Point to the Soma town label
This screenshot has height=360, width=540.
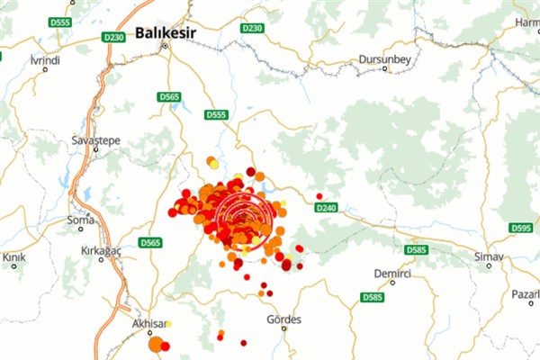(80, 220)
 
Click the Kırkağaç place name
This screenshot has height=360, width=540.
(100, 247)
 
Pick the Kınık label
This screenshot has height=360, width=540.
(14, 257)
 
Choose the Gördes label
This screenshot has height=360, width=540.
(284, 319)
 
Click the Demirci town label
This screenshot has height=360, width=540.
(392, 272)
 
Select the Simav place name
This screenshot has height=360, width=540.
(489, 256)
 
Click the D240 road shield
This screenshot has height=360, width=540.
(326, 208)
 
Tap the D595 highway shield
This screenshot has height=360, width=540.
(520, 228)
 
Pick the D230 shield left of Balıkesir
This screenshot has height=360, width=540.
(113, 37)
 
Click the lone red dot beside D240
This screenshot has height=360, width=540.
(319, 196)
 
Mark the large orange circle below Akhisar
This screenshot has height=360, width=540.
(156, 344)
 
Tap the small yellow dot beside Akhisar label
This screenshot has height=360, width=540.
(169, 324)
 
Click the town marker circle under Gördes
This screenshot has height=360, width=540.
(284, 328)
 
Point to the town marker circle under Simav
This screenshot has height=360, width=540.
(489, 265)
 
